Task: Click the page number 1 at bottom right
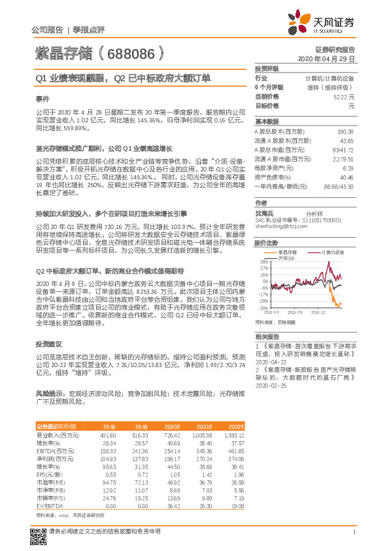[353, 539]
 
